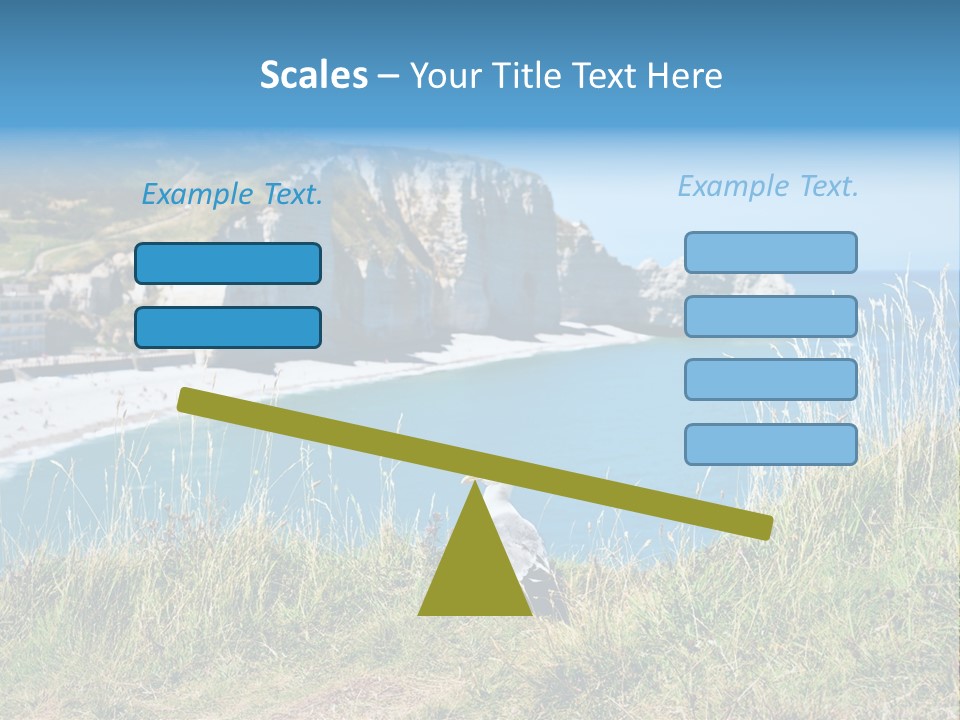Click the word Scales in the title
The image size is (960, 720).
[313, 76]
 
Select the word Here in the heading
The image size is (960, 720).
[686, 76]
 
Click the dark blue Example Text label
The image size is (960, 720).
[232, 195]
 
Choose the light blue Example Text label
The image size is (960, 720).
[768, 186]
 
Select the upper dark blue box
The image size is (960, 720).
[228, 263]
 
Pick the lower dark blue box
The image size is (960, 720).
[228, 327]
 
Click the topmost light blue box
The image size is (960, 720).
[770, 252]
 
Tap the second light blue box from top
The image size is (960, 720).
[770, 316]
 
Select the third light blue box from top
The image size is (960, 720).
[770, 380]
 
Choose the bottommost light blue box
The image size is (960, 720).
[770, 444]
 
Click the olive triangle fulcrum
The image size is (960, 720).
[475, 570]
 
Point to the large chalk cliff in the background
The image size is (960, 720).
[440, 240]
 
